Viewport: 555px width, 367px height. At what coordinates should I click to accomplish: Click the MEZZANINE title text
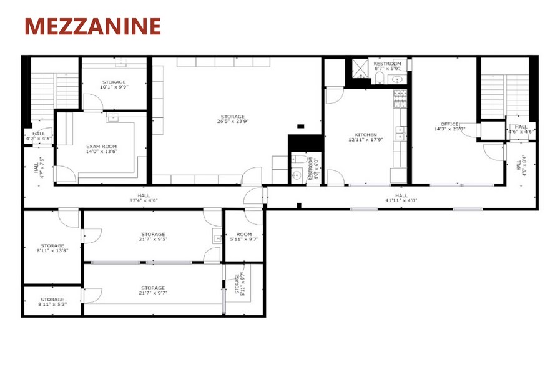coord(92,26)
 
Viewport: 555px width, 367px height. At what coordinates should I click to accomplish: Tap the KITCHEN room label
coord(366,135)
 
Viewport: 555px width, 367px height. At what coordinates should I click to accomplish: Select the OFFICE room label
coord(449,125)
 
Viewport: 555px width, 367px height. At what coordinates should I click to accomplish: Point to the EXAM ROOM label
coord(101,147)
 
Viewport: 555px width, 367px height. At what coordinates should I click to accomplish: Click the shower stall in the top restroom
coord(360,67)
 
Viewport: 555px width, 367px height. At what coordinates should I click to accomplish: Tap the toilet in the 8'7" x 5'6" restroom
coord(379,77)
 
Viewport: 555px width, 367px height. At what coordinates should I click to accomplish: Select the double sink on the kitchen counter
coord(400,132)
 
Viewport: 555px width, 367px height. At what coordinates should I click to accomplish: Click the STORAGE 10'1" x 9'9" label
coord(114,84)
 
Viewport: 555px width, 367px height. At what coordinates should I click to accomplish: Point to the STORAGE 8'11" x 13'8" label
coord(53,248)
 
